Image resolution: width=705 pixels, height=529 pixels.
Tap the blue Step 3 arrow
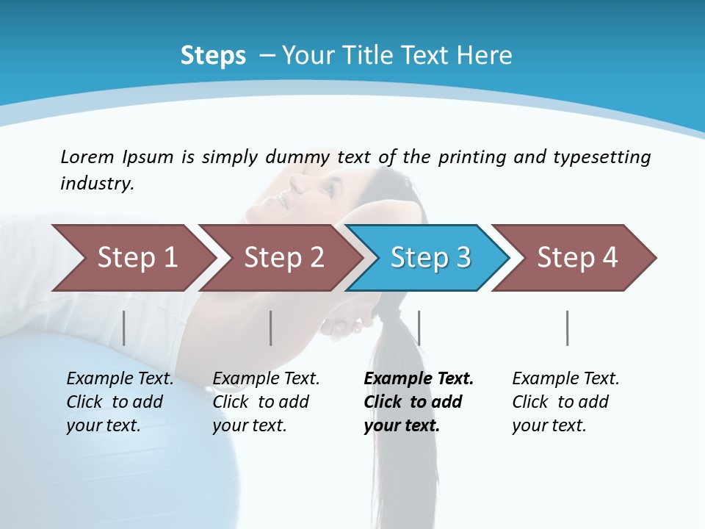coord(430,258)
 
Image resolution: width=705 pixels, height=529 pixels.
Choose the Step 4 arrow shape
coord(577,258)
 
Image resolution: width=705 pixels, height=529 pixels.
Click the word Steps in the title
coord(213,55)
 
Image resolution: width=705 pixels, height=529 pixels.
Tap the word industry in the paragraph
coord(97,183)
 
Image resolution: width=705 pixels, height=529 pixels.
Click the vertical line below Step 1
coord(124,328)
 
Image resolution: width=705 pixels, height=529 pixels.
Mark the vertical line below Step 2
coord(271,328)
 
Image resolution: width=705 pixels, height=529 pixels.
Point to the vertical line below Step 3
coord(419,328)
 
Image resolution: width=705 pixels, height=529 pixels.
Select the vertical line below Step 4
coord(568,328)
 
